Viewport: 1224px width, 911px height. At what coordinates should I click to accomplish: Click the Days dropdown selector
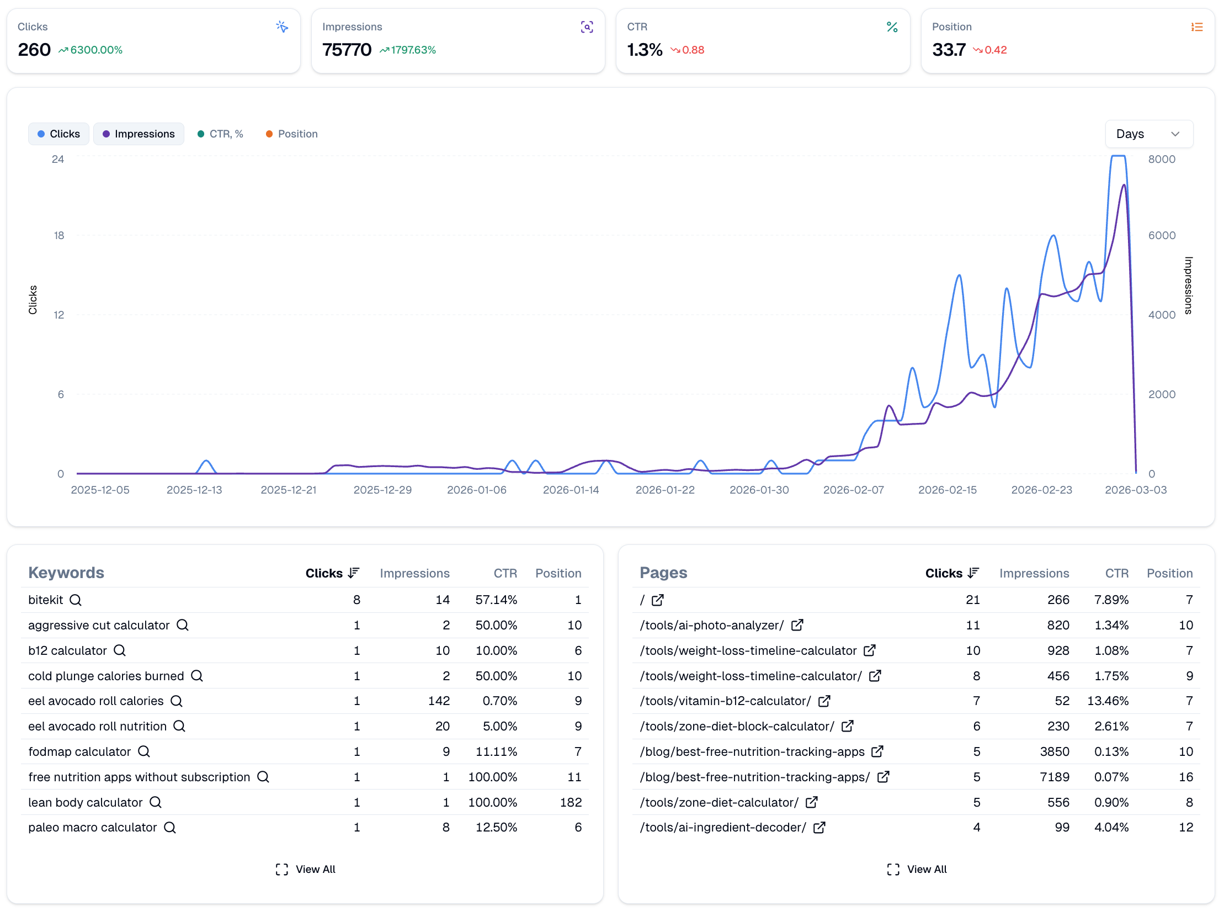point(1148,134)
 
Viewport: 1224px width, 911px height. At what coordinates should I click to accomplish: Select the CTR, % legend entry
point(220,134)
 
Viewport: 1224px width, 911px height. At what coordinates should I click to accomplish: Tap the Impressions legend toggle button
point(139,134)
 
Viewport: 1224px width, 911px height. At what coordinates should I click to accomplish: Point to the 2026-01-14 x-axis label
point(571,490)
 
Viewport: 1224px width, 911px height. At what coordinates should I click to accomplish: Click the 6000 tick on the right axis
point(1162,236)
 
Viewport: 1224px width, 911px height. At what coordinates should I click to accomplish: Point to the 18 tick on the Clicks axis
point(59,236)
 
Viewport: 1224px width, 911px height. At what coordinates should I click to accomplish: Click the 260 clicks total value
point(34,50)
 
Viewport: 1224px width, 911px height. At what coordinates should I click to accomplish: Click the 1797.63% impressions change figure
point(413,50)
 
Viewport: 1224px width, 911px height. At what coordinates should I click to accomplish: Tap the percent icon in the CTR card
point(892,27)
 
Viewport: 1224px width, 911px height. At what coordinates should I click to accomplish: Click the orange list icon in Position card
point(1196,27)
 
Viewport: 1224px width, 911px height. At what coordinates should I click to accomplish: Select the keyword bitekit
point(46,600)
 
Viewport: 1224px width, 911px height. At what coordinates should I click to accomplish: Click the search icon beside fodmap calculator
point(144,751)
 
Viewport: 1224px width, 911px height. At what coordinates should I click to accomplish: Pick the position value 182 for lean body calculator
point(571,802)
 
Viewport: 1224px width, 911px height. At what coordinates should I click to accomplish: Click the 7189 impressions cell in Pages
point(1054,777)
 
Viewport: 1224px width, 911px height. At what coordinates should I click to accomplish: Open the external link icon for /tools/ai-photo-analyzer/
point(797,625)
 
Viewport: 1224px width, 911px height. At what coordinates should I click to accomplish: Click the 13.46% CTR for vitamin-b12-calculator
point(1108,701)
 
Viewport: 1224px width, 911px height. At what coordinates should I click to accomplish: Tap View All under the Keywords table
point(306,869)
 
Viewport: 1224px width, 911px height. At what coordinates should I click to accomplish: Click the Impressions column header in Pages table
point(1034,573)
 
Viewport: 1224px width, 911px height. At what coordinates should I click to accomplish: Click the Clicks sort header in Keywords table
point(332,573)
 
